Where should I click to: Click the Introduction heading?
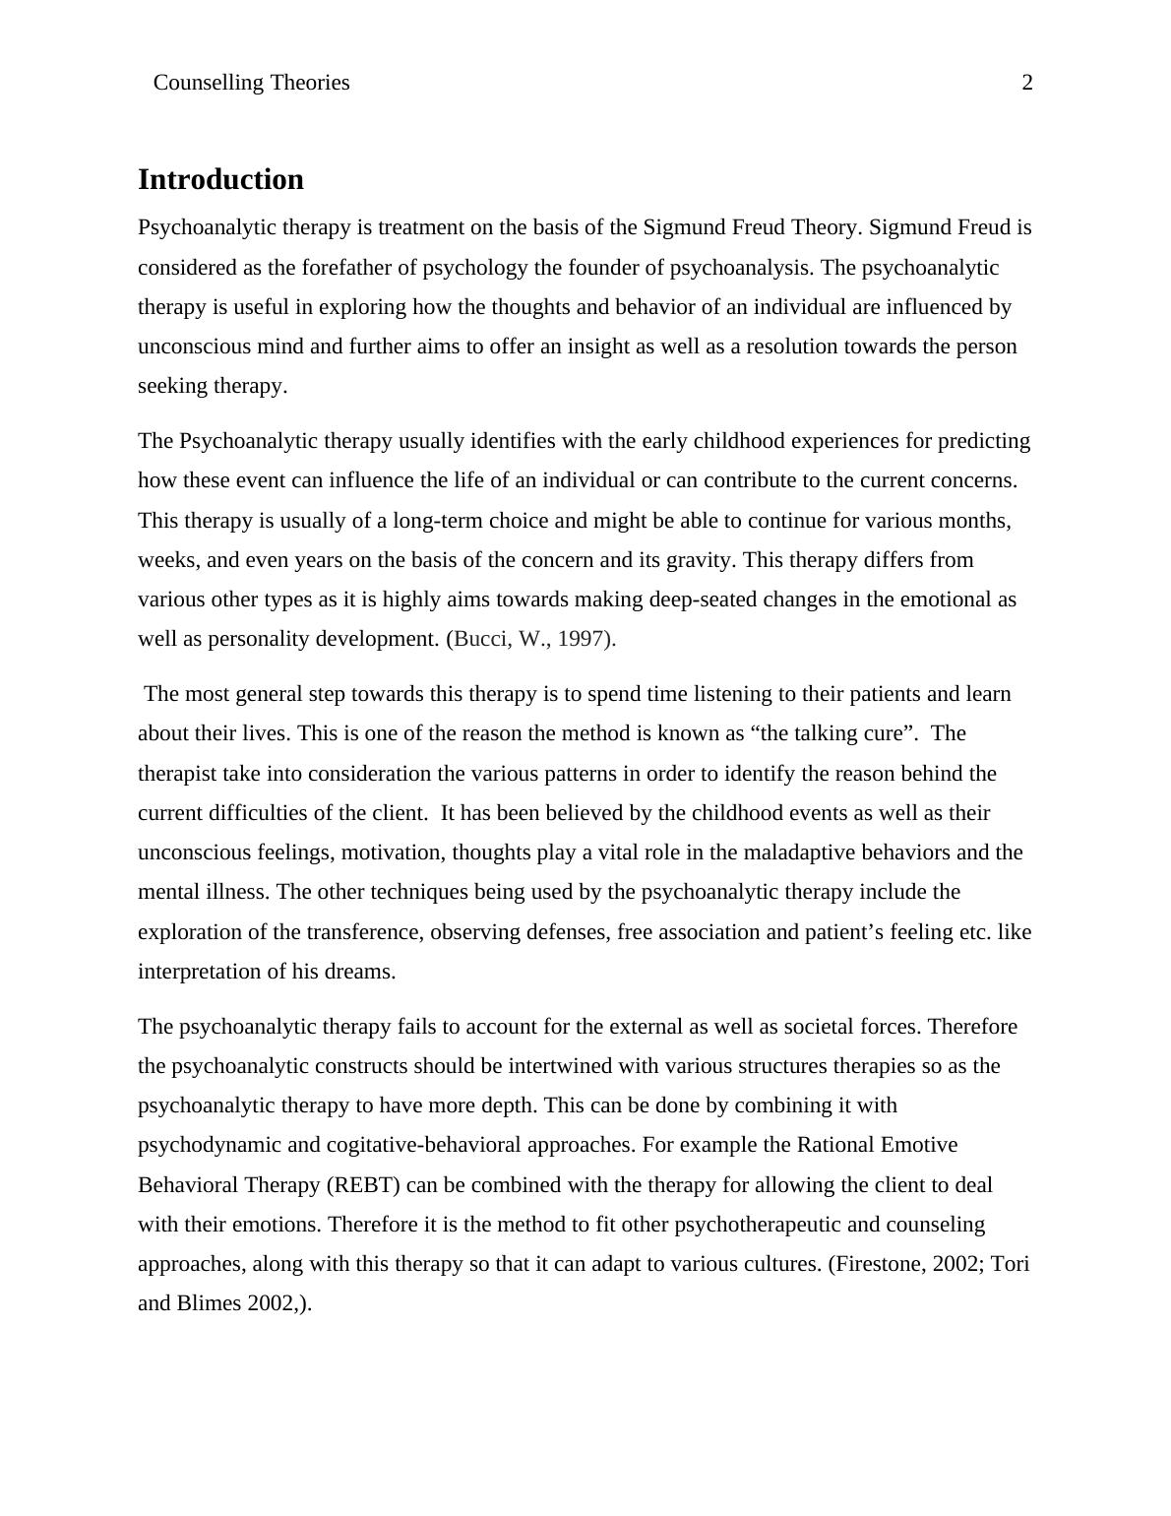(x=220, y=179)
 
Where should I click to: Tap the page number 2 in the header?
(x=1027, y=83)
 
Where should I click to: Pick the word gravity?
(x=699, y=560)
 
